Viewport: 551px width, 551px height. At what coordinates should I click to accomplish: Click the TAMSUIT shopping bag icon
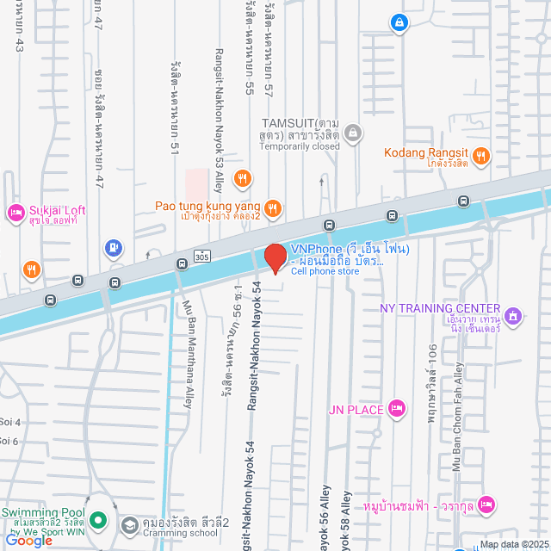352,133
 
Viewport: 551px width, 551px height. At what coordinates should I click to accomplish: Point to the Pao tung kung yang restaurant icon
273,207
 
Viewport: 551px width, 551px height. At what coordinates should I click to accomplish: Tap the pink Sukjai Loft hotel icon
15,212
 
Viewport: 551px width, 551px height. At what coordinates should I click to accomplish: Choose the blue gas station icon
113,249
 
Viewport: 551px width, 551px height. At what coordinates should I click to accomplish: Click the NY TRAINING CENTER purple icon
514,316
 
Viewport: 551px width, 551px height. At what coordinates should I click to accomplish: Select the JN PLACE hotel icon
396,408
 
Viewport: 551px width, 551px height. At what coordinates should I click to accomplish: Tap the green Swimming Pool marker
98,519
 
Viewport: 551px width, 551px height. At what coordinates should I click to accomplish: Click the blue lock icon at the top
398,22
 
